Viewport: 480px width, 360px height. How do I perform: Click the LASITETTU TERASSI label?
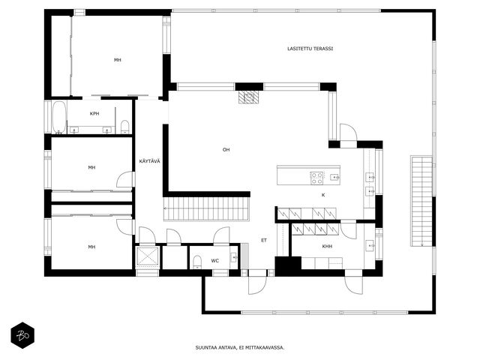click(310, 49)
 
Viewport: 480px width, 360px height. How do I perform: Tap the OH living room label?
click(226, 150)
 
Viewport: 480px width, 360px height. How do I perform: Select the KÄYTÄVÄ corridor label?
click(150, 161)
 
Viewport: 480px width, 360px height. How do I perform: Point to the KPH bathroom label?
click(94, 113)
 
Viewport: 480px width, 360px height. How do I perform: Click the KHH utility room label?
click(327, 246)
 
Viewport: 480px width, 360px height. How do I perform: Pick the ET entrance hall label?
click(264, 240)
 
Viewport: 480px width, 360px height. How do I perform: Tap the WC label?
click(215, 261)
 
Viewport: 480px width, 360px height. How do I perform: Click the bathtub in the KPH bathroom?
click(59, 117)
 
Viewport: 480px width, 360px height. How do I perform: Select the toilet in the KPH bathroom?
click(125, 127)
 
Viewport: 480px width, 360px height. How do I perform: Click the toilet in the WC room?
click(197, 262)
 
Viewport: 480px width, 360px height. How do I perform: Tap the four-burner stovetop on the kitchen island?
click(316, 178)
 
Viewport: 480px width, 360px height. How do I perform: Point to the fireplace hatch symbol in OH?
click(249, 97)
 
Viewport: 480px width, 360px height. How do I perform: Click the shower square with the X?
click(148, 256)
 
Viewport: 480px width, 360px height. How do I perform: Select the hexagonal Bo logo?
click(22, 335)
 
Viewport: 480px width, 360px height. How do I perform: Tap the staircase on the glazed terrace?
click(421, 201)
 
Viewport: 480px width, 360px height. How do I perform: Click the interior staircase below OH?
click(207, 208)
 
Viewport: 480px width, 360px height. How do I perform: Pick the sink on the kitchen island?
click(334, 177)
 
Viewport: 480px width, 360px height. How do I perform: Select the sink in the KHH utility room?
click(370, 245)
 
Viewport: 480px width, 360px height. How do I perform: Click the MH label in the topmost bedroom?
click(118, 60)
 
